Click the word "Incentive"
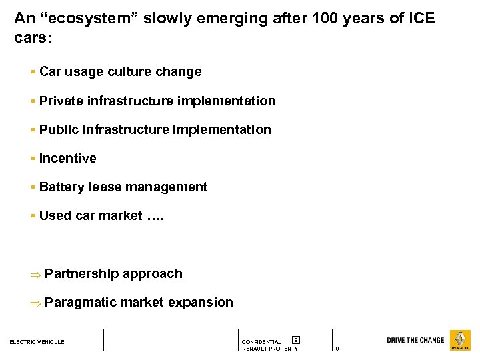68,158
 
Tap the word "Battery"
61,187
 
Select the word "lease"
105,187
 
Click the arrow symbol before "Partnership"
36,274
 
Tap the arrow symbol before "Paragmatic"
36,303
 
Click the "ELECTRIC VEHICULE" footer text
37,342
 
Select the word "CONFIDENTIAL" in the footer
261,342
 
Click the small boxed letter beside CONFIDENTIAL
296,340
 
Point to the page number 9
337,349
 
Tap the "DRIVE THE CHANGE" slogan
415,340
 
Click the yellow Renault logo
460,340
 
